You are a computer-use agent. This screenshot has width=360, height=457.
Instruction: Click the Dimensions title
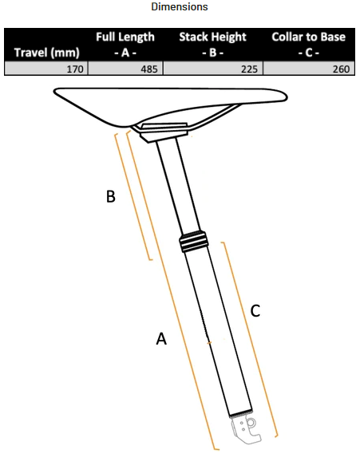[180, 7]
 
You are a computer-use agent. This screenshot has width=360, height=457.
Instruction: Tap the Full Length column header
[125, 45]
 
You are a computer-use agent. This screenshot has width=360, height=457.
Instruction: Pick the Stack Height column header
[212, 45]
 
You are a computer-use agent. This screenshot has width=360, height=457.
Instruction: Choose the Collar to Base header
[308, 45]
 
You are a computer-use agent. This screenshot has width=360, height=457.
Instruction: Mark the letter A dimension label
[161, 339]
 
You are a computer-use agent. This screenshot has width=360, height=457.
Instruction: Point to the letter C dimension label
[255, 311]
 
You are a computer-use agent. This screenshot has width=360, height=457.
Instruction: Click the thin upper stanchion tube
[177, 187]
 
